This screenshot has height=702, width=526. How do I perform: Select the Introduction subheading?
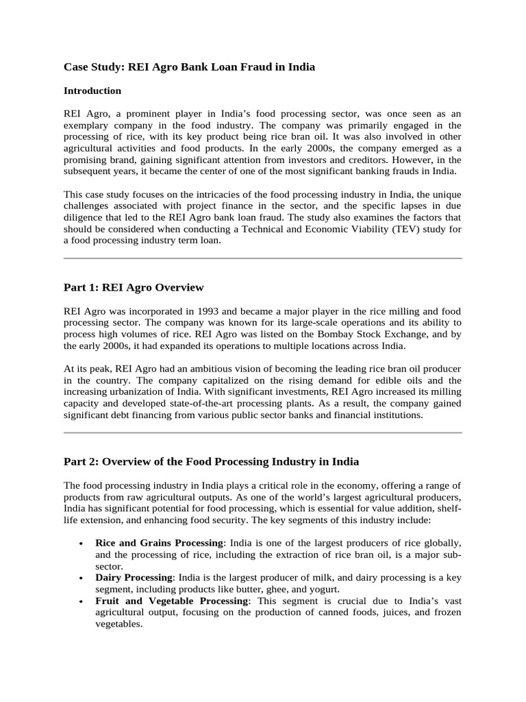[x=92, y=90]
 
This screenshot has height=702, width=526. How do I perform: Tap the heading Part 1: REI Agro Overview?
[x=134, y=287]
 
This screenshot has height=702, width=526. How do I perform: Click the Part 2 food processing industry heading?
[x=211, y=461]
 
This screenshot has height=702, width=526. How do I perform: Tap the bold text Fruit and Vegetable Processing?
[x=173, y=601]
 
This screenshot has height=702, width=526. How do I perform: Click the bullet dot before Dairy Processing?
[x=82, y=579]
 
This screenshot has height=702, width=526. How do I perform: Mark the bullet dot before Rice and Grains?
[x=82, y=544]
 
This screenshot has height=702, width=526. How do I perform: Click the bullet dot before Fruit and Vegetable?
[x=82, y=601]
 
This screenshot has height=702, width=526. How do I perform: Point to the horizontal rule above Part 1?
[x=262, y=258]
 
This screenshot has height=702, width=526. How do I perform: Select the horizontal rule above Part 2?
[x=262, y=433]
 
